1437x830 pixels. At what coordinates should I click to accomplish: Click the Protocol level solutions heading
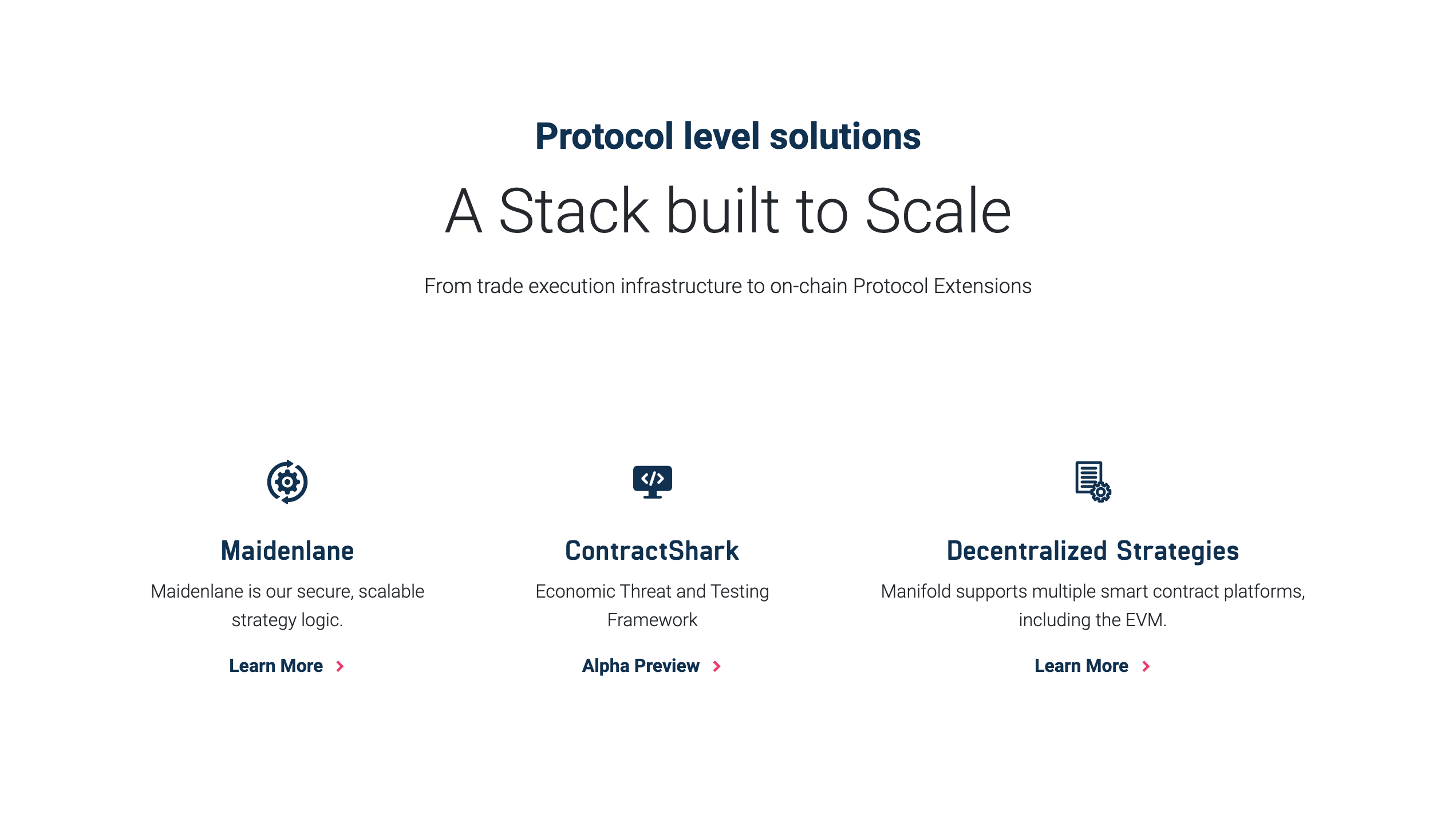tap(728, 136)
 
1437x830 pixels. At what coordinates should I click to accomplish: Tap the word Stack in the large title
tap(574, 212)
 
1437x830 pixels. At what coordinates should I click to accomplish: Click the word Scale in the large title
tap(938, 212)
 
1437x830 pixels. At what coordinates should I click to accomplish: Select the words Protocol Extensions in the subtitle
tap(942, 286)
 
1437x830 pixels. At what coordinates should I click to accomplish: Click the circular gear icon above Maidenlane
tap(287, 482)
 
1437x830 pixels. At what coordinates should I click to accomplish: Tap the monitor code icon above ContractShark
tap(652, 481)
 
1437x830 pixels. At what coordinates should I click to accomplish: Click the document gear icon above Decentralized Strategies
tap(1092, 482)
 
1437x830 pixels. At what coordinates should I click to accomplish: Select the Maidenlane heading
tap(287, 551)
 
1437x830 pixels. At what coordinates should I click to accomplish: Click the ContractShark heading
tap(652, 551)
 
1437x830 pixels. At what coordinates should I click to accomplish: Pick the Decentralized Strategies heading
tap(1092, 551)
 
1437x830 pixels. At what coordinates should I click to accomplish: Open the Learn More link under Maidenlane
tap(276, 666)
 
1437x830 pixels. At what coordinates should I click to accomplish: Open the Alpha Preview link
tap(641, 666)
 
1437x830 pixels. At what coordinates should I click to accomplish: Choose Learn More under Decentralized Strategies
tap(1081, 666)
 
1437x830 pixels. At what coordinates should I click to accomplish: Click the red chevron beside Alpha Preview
tap(717, 666)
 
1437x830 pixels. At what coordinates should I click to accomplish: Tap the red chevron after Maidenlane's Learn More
tap(340, 666)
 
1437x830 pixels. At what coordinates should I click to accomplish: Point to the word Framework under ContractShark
tap(652, 620)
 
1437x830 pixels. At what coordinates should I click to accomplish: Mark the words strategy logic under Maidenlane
tap(287, 620)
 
